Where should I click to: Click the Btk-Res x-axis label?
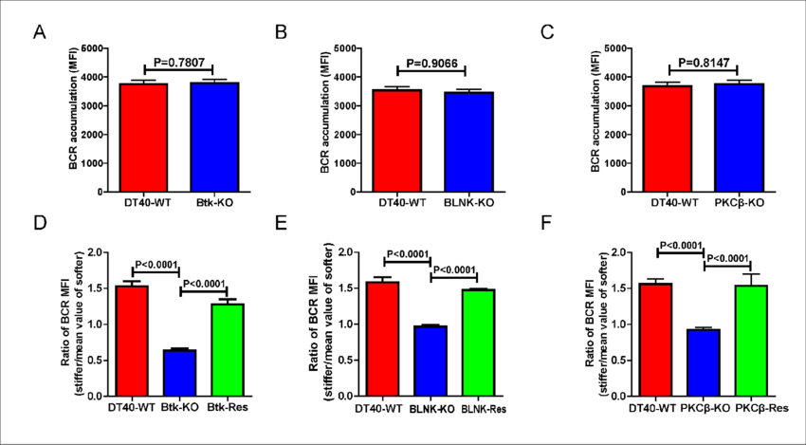[228, 409]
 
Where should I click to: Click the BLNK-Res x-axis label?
[484, 410]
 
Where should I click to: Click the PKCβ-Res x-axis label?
[761, 409]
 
